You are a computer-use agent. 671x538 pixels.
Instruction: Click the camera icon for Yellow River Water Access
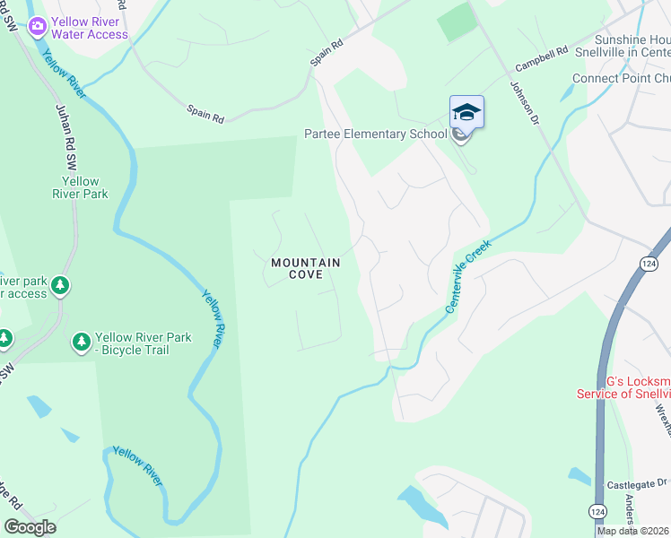click(38, 25)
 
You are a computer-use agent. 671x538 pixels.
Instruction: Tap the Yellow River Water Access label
click(90, 28)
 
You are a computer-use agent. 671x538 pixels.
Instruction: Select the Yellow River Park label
click(79, 187)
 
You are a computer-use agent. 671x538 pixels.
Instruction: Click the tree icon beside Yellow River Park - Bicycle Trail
click(81, 343)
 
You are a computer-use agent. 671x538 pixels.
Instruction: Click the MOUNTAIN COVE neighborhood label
click(306, 268)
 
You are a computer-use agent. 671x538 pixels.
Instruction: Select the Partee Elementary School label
click(376, 134)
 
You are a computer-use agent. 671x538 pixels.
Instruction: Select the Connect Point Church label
click(621, 78)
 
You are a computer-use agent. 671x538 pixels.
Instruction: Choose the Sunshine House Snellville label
click(632, 46)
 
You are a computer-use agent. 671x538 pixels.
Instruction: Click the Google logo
click(30, 527)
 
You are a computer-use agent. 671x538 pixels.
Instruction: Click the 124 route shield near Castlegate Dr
click(597, 510)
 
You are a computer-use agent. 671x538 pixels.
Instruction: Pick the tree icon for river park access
click(60, 286)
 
